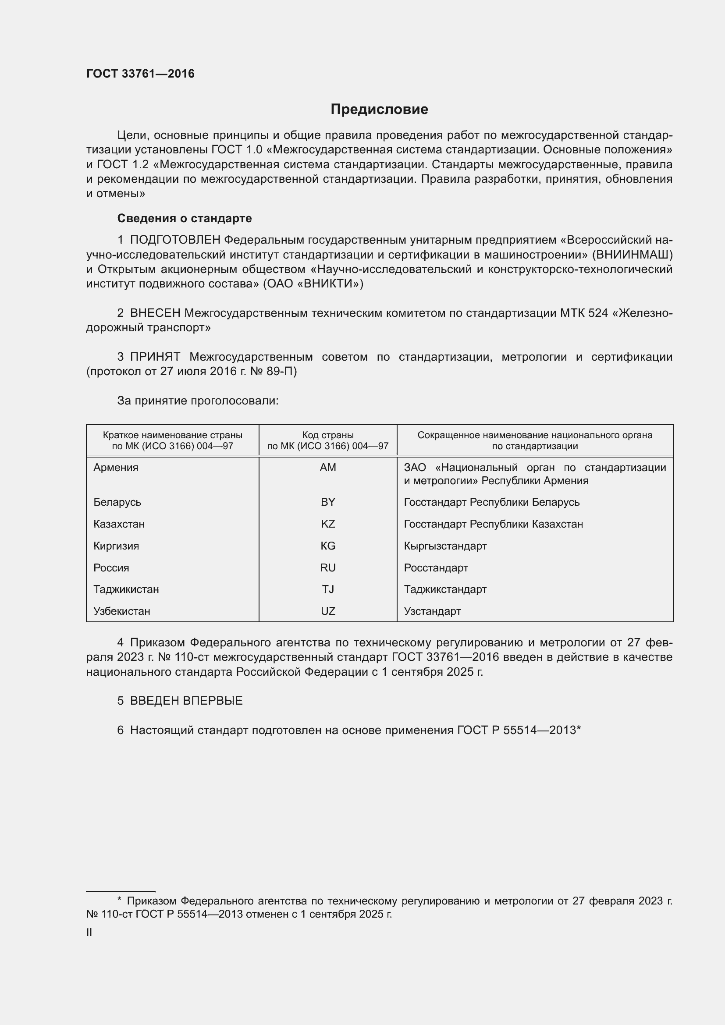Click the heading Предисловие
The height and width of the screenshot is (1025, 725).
pyautogui.click(x=379, y=110)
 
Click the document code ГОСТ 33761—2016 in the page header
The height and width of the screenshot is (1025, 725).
pyautogui.click(x=140, y=74)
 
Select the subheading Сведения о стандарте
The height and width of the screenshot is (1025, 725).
pyautogui.click(x=185, y=218)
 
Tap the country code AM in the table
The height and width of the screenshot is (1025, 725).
pyautogui.click(x=328, y=468)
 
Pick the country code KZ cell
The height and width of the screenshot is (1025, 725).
pyautogui.click(x=328, y=524)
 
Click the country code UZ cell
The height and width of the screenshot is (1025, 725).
pyautogui.click(x=328, y=611)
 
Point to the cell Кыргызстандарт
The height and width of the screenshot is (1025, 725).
pyautogui.click(x=445, y=546)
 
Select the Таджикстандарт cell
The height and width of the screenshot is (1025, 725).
pyautogui.click(x=445, y=589)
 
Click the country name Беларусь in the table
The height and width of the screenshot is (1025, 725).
pyautogui.click(x=117, y=502)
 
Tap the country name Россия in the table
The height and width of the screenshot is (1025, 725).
pyautogui.click(x=111, y=568)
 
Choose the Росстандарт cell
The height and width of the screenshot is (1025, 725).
pyautogui.click(x=436, y=568)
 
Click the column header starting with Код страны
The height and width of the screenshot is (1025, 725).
pyautogui.click(x=328, y=440)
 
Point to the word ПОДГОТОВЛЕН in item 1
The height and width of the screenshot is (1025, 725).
pyautogui.click(x=175, y=240)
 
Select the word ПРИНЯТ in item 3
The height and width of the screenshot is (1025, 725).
pyautogui.click(x=155, y=357)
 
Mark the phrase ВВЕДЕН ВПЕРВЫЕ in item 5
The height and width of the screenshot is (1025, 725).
pyautogui.click(x=186, y=701)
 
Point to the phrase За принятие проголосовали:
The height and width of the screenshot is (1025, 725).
pyautogui.click(x=198, y=401)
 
